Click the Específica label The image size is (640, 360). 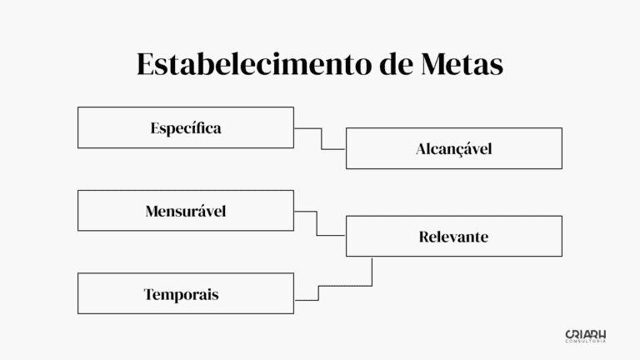tap(186, 128)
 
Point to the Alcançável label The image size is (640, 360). tap(454, 149)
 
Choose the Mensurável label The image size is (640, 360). tap(185, 211)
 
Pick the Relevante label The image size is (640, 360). tap(453, 237)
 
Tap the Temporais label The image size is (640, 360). tap(181, 294)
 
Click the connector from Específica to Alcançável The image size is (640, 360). tap(321, 138)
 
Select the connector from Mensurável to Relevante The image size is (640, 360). tap(317, 223)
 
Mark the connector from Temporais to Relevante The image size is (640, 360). tap(346, 286)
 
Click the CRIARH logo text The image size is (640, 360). tap(585, 333)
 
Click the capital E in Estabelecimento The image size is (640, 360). tap(146, 65)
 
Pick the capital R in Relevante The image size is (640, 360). tap(424, 237)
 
